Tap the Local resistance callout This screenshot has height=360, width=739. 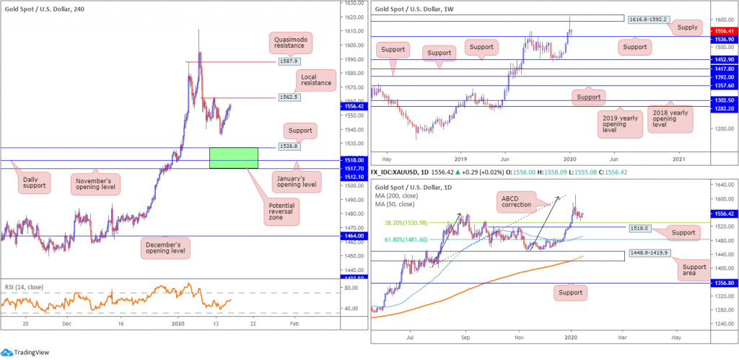click(315, 79)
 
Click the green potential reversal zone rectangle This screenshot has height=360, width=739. click(233, 158)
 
